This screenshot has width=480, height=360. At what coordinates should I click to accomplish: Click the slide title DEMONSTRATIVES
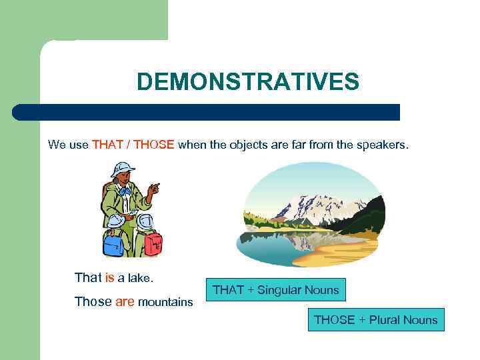(x=247, y=82)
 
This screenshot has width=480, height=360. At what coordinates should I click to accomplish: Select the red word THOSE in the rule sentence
(x=153, y=145)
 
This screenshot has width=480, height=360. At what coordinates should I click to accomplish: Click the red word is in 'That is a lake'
(x=110, y=277)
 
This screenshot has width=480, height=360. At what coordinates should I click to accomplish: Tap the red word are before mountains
(x=125, y=301)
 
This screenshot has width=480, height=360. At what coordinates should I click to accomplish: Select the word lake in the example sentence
(x=141, y=277)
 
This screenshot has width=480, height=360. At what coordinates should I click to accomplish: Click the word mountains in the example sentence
(x=165, y=302)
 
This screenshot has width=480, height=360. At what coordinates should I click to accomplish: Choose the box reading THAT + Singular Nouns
(x=275, y=290)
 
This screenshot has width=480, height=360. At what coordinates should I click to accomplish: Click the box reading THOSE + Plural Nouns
(x=375, y=320)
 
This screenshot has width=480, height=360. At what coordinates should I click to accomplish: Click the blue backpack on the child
(x=113, y=244)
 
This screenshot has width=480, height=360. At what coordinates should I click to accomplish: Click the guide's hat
(x=122, y=168)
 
